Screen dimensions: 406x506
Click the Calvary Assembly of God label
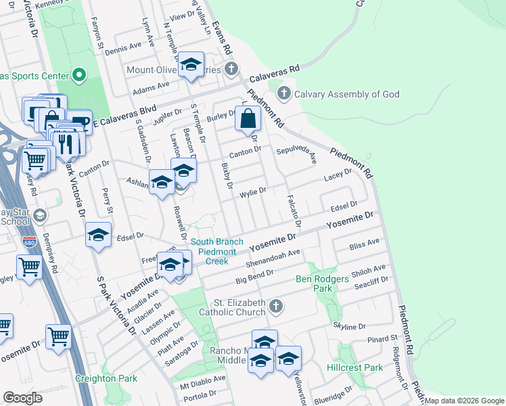(x=346, y=94)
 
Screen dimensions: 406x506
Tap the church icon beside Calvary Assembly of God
(x=284, y=93)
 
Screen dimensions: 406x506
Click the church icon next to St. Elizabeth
(x=275, y=307)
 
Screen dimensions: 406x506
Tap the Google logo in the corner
(x=22, y=398)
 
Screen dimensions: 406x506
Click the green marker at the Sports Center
(x=79, y=74)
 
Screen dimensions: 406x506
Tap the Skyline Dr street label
(x=349, y=326)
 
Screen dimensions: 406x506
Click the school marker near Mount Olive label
(x=191, y=65)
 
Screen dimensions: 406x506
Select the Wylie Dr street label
(x=254, y=194)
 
